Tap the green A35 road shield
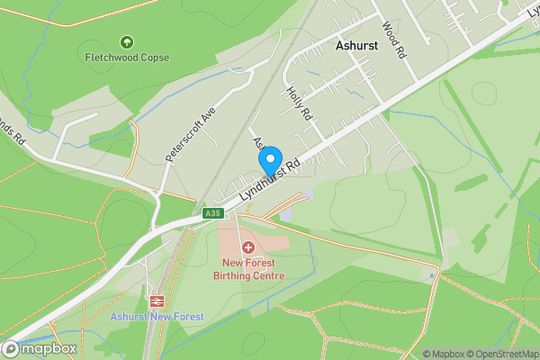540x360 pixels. click(212, 213)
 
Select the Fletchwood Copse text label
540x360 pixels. click(127, 57)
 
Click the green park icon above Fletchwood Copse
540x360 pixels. click(126, 41)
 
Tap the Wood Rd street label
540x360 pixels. click(394, 40)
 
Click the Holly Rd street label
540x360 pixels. click(298, 103)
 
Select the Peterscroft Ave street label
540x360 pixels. click(192, 136)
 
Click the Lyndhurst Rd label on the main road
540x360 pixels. click(282, 178)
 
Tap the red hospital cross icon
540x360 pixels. click(247, 246)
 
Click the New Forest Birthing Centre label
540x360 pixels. click(248, 269)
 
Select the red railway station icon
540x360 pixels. click(157, 301)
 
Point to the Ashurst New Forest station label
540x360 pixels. click(157, 317)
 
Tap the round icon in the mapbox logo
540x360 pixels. click(12, 348)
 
